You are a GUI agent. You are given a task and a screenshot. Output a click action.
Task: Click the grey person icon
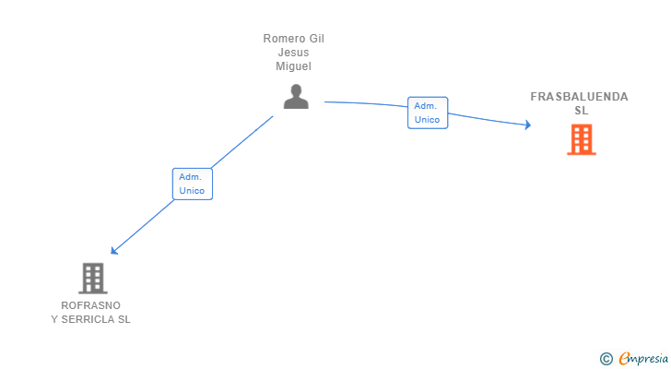tap(296, 97)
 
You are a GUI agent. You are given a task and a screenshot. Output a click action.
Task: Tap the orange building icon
tap(582, 139)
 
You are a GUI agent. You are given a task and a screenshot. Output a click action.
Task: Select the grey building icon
tap(92, 278)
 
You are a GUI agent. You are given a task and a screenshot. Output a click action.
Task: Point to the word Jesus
tap(294, 53)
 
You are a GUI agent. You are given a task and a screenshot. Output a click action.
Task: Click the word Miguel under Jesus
tap(294, 66)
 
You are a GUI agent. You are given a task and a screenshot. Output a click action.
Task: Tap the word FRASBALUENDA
tap(579, 97)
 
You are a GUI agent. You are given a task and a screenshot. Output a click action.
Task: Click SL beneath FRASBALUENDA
tap(581, 111)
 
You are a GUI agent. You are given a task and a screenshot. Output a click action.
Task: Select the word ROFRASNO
tap(90, 305)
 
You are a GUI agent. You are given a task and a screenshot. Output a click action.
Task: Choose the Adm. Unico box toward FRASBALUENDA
tap(428, 113)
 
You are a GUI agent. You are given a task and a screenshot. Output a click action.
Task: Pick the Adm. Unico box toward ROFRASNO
tap(193, 184)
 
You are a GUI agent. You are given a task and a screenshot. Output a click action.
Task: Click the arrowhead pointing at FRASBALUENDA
tap(527, 125)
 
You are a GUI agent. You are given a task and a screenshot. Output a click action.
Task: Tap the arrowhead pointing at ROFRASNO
tap(114, 250)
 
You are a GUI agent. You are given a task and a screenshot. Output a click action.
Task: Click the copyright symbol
tap(606, 358)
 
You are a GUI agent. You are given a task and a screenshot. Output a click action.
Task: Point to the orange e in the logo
tap(624, 358)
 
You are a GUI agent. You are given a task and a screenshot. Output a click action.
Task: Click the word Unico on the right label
tap(428, 120)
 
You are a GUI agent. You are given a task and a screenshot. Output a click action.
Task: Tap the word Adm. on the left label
tap(191, 176)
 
